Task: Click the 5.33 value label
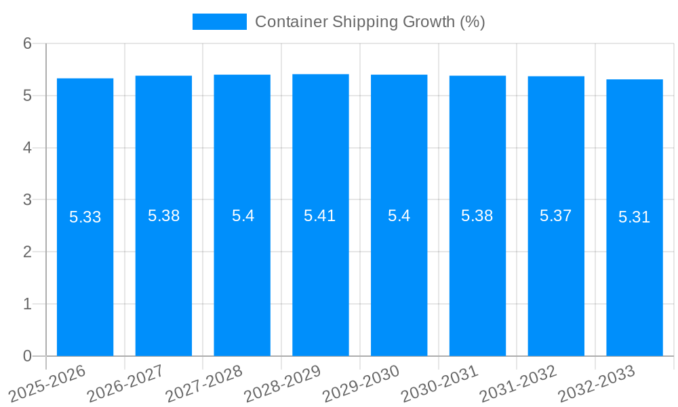pyautogui.click(x=85, y=217)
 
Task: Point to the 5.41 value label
pyautogui.click(x=320, y=216)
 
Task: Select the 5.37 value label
pyautogui.click(x=555, y=216)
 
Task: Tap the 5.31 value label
pyautogui.click(x=634, y=217)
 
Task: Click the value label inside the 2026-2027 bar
pyautogui.click(x=163, y=216)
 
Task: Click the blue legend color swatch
pyautogui.click(x=219, y=22)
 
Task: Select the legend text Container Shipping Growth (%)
pyautogui.click(x=370, y=22)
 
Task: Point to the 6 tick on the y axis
pyautogui.click(x=27, y=43)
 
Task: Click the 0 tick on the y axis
pyautogui.click(x=27, y=356)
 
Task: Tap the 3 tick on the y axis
pyautogui.click(x=27, y=200)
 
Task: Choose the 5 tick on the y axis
pyautogui.click(x=27, y=96)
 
